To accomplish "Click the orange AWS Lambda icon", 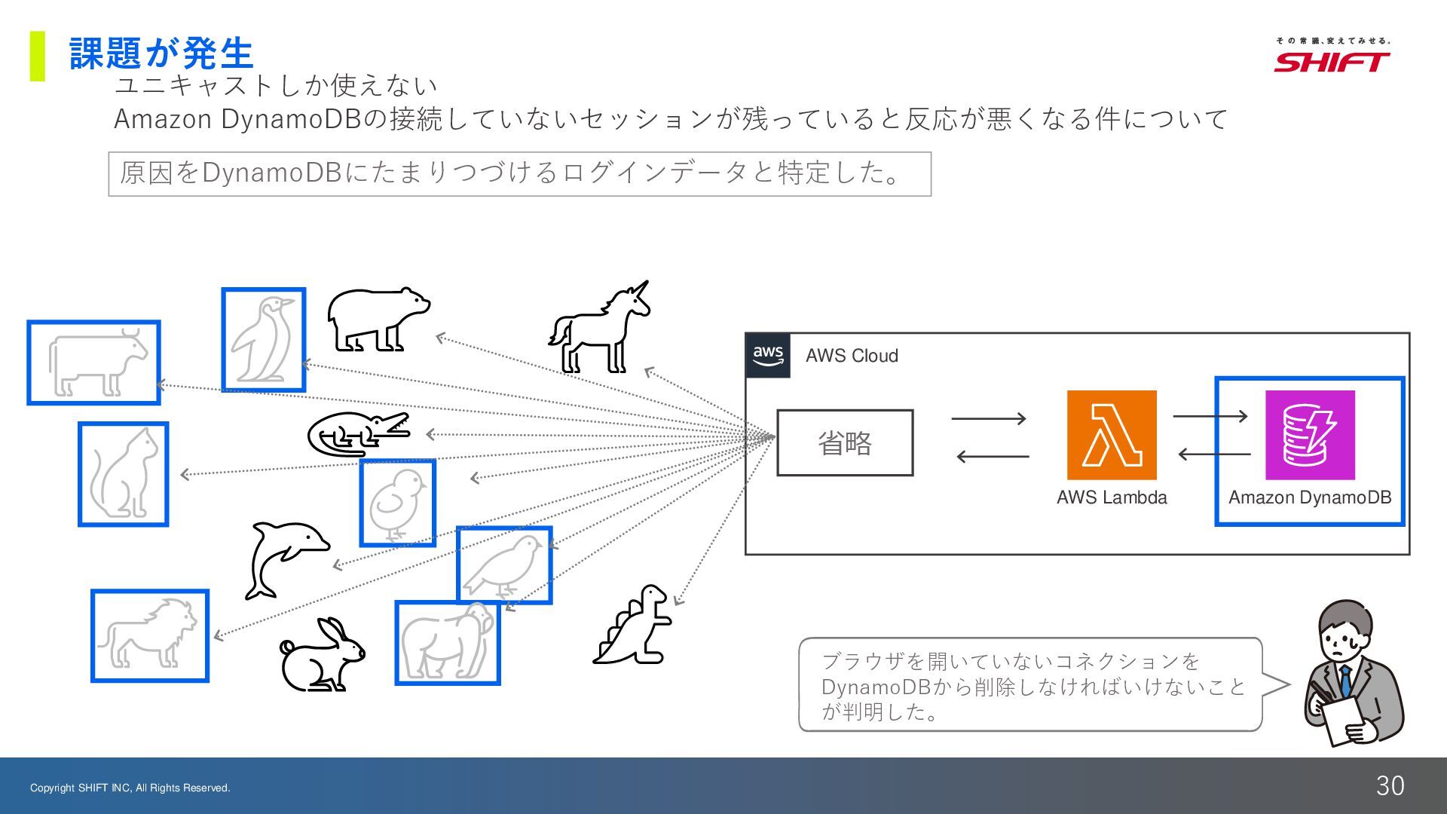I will (1112, 435).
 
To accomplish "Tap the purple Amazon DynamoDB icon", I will (1310, 435).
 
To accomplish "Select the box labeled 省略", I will (845, 443).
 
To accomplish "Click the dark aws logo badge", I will (768, 355).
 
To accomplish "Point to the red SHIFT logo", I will (1332, 62).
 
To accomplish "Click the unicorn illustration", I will (601, 330).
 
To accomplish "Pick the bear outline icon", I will (377, 319).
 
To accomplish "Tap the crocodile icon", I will (358, 434).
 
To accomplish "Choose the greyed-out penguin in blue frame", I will (263, 340).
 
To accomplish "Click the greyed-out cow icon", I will (94, 363).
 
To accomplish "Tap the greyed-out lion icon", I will (150, 635).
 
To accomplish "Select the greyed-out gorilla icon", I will (448, 642).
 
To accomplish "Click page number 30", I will (1390, 786).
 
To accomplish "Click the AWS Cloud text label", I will (852, 356).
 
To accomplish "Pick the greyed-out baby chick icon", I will (397, 503).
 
